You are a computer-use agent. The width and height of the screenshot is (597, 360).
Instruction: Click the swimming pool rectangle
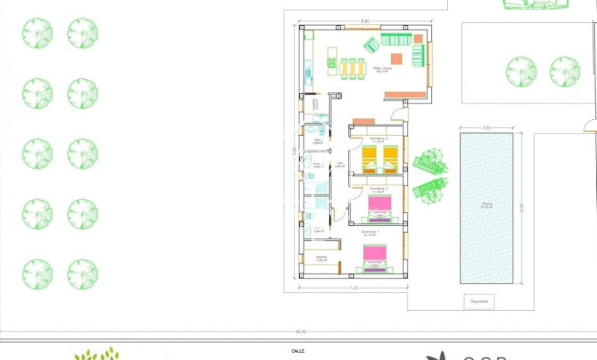click(486, 208)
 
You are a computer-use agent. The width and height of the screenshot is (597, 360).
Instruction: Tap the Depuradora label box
click(480, 301)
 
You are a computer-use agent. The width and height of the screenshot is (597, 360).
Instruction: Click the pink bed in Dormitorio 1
click(374, 257)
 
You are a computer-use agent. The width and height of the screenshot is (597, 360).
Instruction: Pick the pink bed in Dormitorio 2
click(380, 208)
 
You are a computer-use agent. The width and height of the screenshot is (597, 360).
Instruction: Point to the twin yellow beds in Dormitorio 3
click(380, 158)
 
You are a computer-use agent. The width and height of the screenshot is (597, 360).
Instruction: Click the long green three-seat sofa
click(395, 39)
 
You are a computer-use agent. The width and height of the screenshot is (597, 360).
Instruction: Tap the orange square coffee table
click(396, 58)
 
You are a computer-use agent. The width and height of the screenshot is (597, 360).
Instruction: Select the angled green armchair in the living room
click(371, 45)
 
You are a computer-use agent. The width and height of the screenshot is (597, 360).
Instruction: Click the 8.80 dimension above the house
click(365, 21)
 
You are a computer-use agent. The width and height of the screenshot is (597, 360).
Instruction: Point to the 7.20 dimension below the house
click(354, 289)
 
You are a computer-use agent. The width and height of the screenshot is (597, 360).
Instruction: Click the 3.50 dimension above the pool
click(486, 127)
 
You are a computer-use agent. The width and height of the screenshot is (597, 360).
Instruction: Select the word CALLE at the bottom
click(298, 350)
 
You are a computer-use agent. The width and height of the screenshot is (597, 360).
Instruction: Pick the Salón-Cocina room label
click(383, 69)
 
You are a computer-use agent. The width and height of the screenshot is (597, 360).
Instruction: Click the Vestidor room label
click(321, 257)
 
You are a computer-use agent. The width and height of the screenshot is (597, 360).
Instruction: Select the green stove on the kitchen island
click(332, 60)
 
